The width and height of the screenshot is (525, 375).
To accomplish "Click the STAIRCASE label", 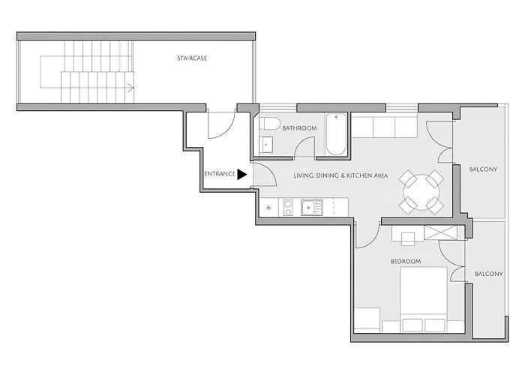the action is point(192,58).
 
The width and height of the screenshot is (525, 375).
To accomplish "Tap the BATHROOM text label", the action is point(299,128).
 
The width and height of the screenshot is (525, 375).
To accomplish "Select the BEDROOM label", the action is point(406,261).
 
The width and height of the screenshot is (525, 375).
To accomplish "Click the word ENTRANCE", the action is point(220,174).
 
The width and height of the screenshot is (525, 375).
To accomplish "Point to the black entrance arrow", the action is point(241,175).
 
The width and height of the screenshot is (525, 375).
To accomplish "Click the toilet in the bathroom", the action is point(270,123).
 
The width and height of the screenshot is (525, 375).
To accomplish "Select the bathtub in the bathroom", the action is point(336,134).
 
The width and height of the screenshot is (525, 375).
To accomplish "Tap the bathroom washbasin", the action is point(266,145).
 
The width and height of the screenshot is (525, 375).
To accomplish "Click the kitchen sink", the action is point(311,207).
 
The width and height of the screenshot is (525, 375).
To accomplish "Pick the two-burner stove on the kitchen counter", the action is point(288,207).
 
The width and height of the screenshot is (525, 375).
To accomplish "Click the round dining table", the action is point(421,192).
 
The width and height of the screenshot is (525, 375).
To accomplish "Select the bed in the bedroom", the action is point(424,300).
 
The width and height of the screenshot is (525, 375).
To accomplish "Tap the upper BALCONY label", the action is point(483,169).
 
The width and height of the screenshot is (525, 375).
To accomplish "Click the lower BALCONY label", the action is point(489,274).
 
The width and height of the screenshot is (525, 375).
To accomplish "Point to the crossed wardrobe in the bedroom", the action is point(441,233).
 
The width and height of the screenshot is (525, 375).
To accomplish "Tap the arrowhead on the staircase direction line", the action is point(131,88).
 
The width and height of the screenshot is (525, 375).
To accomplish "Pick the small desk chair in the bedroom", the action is point(408,238).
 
